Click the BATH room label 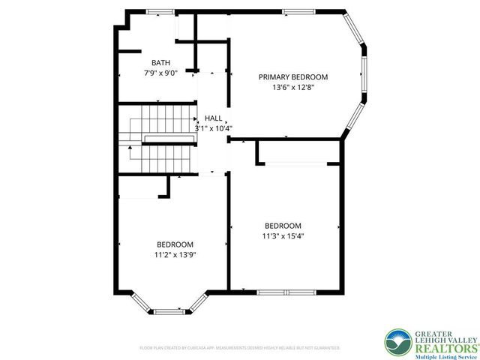tap(160, 63)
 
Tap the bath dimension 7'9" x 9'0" tap(160, 73)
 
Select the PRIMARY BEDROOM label tap(293, 76)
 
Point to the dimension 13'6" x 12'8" tap(293, 87)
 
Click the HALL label tap(213, 118)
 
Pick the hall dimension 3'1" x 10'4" tap(213, 128)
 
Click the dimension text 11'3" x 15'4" tap(283, 235)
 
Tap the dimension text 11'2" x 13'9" tap(175, 254)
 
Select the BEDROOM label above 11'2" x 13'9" tap(175, 244)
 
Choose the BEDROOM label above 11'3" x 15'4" tap(283, 226)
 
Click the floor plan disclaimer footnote tap(240, 348)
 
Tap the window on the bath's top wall tap(158, 11)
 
